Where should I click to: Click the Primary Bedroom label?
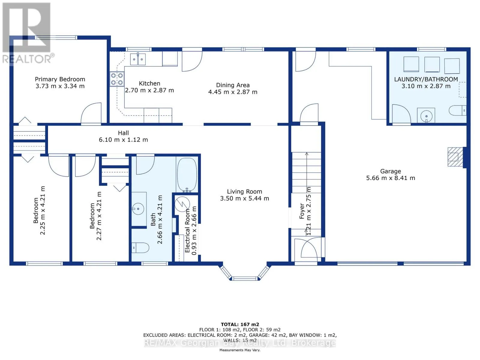[x=60, y=79]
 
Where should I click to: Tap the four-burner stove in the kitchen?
[x=117, y=79]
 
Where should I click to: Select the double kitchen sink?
[x=138, y=59]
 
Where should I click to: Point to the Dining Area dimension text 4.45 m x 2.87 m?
[x=233, y=92]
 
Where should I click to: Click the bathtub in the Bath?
[x=187, y=175]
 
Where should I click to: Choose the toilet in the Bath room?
[x=140, y=248]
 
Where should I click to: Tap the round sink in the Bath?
[x=138, y=209]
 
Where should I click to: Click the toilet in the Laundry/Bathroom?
[x=458, y=111]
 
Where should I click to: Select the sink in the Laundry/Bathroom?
[x=426, y=116]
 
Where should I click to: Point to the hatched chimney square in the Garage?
[x=455, y=157]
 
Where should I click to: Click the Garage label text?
[x=391, y=171]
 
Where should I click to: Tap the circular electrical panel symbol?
[x=182, y=204]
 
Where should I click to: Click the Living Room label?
[x=244, y=191]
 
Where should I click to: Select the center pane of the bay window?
[x=245, y=278]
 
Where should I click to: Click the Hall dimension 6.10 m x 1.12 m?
[x=123, y=140]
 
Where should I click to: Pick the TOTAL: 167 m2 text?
[x=240, y=324]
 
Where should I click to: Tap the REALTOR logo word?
[x=27, y=59]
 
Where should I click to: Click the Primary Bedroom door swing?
[x=91, y=113]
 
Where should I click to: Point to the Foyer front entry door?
[x=308, y=248]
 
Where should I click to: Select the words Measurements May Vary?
[x=240, y=350]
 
